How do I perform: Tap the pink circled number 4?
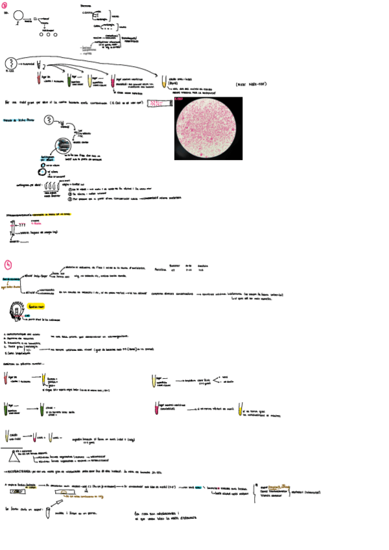pyautogui.click(x=7, y=264)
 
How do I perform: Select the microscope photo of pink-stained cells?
pyautogui.click(x=208, y=128)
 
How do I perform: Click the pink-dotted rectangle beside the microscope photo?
pyautogui.click(x=158, y=103)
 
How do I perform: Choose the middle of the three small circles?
pyautogui.click(x=51, y=34)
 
